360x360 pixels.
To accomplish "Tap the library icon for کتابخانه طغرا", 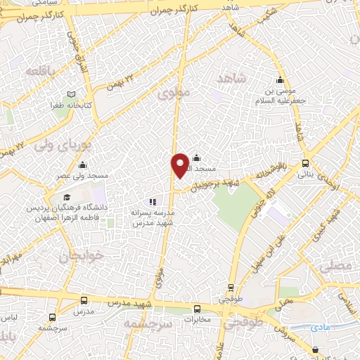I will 71,94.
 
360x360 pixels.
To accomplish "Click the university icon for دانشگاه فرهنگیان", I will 67,198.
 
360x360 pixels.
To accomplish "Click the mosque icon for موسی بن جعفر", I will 281,79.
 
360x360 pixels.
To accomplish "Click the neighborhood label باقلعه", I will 41,71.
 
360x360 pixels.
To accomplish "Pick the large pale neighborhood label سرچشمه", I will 148,324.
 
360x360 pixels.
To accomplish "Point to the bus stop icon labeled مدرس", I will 84,300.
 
